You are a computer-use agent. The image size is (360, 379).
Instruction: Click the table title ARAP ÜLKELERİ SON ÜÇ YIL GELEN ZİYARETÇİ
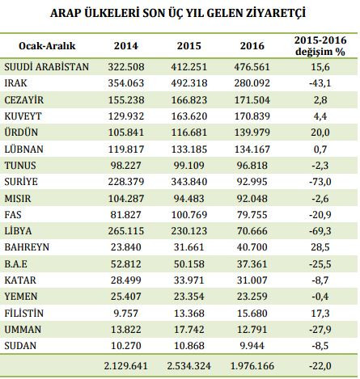coord(179,14)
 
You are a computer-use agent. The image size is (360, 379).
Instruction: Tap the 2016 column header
coord(253,45)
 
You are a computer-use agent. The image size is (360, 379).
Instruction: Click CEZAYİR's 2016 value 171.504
coord(253,98)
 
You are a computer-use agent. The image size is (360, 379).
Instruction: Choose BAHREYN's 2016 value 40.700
coord(253,251)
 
